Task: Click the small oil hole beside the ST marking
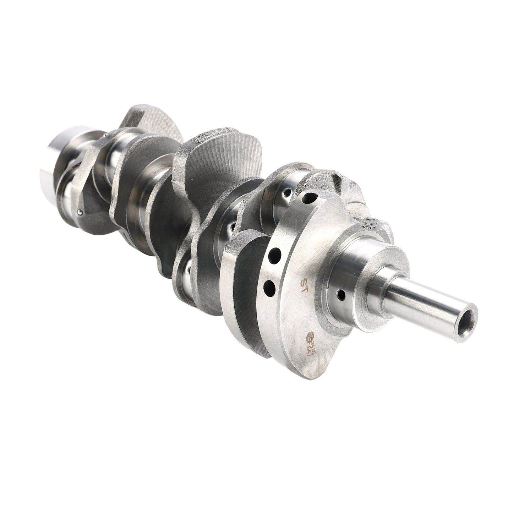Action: [341, 294]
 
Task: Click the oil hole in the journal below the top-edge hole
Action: [286, 194]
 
